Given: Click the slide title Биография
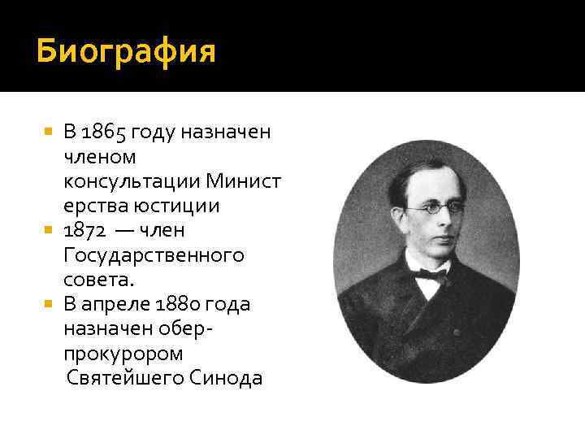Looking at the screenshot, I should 126,52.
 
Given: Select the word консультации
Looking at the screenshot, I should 131,181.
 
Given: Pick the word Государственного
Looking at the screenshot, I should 153,256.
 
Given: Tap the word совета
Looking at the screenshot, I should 95,280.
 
